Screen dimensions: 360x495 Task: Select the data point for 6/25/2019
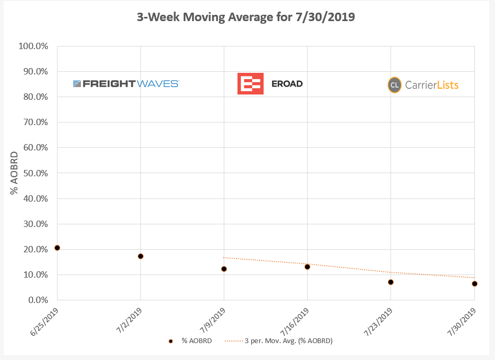[57, 248]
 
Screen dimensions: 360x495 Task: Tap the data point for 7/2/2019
[140, 256]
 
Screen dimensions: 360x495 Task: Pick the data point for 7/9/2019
[224, 269]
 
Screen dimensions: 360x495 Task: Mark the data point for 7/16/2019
[307, 267]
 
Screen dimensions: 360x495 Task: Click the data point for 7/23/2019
[391, 282]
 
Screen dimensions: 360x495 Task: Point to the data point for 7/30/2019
[474, 283]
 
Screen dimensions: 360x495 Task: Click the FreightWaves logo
[126, 83]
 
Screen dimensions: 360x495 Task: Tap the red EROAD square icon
[250, 83]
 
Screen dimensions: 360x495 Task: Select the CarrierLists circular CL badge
[394, 85]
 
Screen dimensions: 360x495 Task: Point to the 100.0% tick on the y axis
[33, 46]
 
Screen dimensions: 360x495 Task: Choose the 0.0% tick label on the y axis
[36, 300]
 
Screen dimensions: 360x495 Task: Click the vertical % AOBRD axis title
[14, 173]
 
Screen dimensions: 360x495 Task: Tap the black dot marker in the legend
[170, 341]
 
